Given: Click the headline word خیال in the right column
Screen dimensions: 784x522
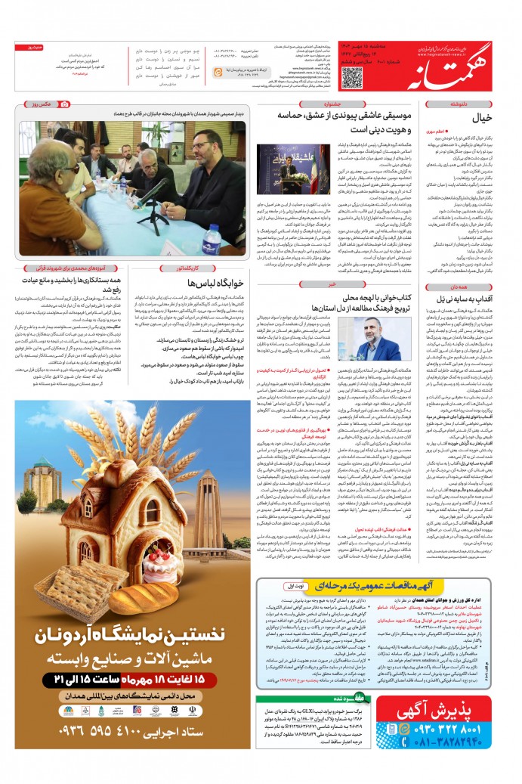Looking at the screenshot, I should pyautogui.click(x=480, y=118).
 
